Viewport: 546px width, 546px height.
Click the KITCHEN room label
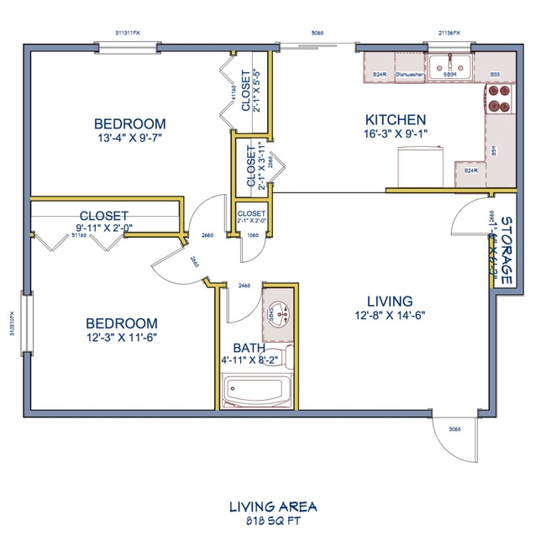[395, 120]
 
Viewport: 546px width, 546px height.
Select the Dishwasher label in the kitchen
[411, 75]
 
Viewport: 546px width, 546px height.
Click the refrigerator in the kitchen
[419, 165]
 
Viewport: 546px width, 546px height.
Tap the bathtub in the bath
[257, 390]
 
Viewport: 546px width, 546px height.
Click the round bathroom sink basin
[278, 312]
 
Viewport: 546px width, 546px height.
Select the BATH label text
[249, 349]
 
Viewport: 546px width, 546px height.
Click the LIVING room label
[390, 301]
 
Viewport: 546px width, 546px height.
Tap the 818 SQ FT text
[272, 522]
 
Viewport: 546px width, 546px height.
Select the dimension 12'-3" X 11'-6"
[122, 338]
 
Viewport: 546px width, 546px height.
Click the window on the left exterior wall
[26, 323]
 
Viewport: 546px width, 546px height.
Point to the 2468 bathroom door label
[245, 286]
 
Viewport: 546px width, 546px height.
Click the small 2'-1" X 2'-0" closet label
[251, 223]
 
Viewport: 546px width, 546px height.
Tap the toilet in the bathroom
[285, 356]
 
